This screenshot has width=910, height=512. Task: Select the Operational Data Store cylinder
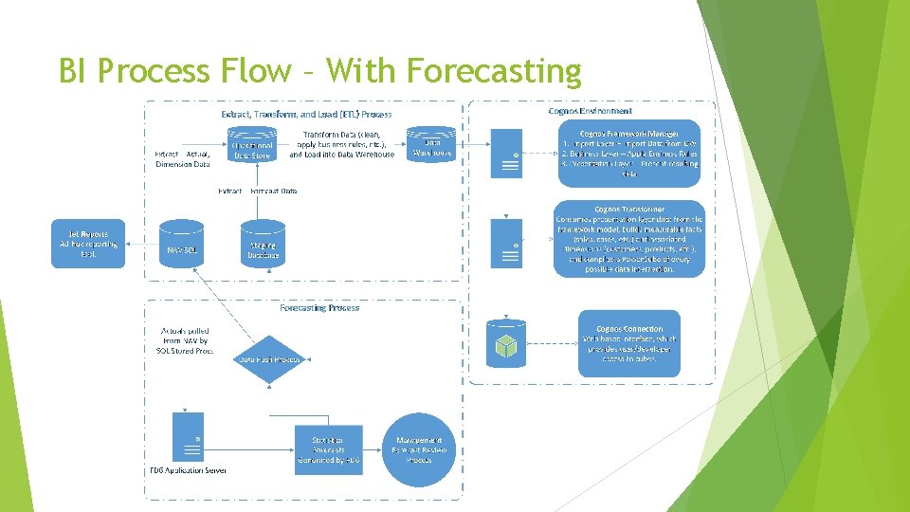point(253,146)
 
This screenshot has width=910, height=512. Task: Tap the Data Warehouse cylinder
point(432,146)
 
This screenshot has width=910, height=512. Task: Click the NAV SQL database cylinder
point(182,244)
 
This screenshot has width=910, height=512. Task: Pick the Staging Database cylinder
point(262,244)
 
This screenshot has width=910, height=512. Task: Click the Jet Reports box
point(88,244)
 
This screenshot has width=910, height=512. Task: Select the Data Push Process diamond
point(269,359)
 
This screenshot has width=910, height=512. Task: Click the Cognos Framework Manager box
point(629,149)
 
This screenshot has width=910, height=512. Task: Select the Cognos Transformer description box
point(629,239)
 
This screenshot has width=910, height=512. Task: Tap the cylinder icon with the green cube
point(506,342)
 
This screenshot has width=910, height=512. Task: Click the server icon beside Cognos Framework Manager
point(506,155)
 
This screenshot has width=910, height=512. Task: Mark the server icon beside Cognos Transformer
point(506,243)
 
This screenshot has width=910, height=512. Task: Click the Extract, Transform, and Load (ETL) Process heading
point(306,115)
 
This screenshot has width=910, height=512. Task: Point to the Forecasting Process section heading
point(318,307)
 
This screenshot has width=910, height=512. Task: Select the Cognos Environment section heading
point(591,111)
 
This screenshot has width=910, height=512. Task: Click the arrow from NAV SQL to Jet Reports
point(141,244)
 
